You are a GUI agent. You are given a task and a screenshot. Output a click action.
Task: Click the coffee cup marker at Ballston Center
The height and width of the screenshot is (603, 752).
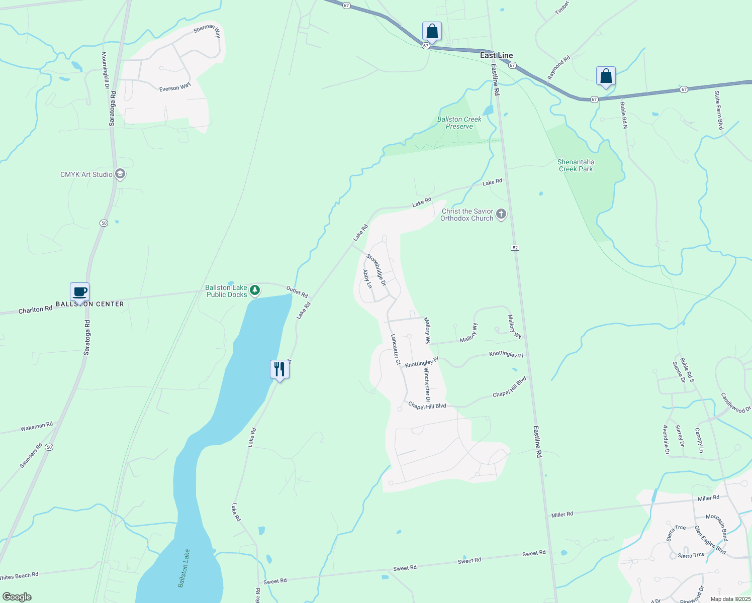click(x=79, y=291)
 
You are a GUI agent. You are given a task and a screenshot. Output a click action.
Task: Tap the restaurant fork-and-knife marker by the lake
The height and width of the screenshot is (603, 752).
click(x=279, y=369)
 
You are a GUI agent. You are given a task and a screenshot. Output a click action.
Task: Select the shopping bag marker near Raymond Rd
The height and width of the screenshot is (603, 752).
click(x=606, y=76)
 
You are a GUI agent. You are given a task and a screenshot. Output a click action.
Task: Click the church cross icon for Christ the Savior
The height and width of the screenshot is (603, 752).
click(x=501, y=215)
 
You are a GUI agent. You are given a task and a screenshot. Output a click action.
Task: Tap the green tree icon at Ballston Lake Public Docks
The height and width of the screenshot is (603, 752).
click(x=255, y=290)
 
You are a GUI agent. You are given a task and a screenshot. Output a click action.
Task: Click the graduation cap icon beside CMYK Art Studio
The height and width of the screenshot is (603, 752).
click(x=120, y=174)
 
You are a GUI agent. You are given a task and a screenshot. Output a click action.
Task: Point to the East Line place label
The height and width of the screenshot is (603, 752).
click(x=496, y=55)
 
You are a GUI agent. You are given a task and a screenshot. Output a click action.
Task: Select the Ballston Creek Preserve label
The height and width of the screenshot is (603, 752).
click(x=459, y=123)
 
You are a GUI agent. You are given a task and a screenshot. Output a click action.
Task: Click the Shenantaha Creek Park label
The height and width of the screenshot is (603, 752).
click(x=576, y=165)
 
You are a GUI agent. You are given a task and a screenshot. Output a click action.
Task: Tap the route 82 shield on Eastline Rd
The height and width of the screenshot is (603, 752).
click(x=515, y=248)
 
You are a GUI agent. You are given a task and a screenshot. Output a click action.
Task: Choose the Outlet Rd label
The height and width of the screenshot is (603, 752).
click(x=297, y=291)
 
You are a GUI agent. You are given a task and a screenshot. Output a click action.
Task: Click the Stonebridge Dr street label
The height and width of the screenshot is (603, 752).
click(x=376, y=270)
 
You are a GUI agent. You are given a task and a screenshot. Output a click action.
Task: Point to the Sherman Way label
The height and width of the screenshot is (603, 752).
click(x=207, y=30)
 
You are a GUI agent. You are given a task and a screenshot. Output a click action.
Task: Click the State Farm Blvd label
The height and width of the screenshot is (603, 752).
click(x=719, y=110)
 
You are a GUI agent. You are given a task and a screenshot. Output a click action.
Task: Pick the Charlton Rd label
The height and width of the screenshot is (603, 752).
click(x=35, y=310)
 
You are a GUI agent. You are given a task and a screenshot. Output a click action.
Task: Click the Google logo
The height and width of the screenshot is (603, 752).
click(x=17, y=597)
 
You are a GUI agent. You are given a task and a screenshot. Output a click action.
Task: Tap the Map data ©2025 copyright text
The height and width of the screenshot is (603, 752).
click(x=730, y=599)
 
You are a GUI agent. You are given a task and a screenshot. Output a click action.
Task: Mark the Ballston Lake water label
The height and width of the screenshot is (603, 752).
click(x=184, y=568)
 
